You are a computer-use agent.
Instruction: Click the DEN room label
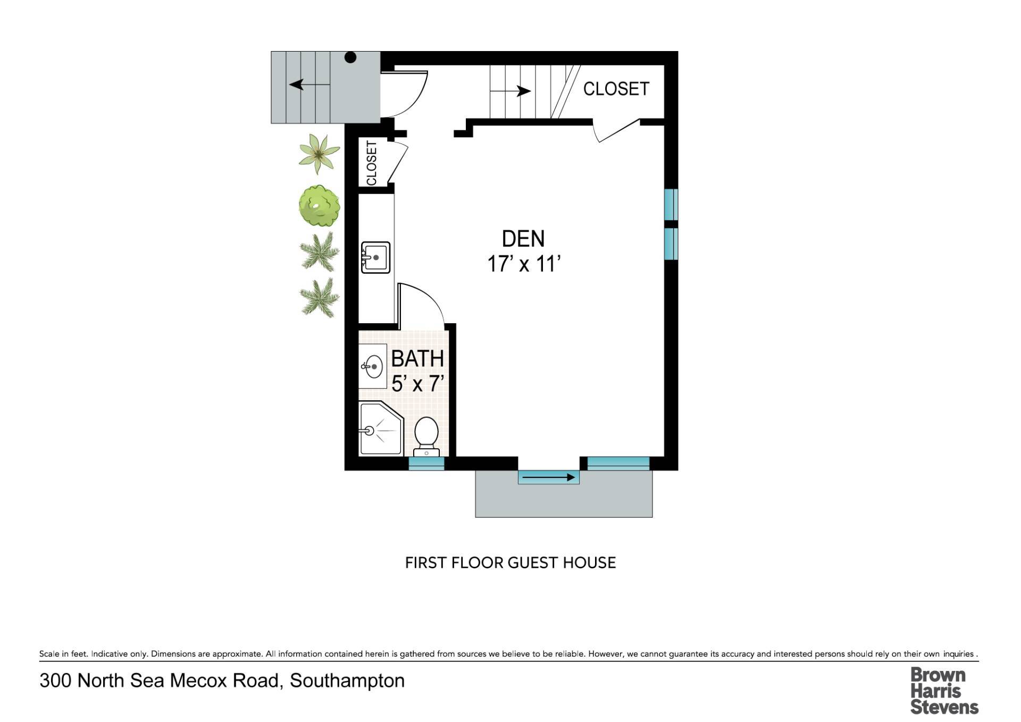tap(523, 239)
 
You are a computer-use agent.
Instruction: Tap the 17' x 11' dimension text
tap(524, 264)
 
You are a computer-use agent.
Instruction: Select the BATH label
tap(417, 359)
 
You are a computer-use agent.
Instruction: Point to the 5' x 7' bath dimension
tap(417, 383)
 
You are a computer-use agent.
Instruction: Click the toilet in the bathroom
tap(426, 436)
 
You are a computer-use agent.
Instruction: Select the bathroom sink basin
tap(373, 366)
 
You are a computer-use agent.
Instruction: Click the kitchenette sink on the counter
tap(375, 258)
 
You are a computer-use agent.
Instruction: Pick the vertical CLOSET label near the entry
tap(372, 163)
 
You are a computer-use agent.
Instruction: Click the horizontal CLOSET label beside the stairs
tap(616, 89)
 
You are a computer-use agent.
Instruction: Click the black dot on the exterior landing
tap(350, 57)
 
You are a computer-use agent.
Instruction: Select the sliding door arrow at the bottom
tap(549, 477)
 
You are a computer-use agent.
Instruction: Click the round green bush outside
tap(319, 205)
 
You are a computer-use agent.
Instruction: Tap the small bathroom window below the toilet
tap(426, 464)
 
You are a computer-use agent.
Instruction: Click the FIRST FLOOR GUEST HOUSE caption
tap(510, 563)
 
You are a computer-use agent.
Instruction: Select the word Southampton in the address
tap(347, 681)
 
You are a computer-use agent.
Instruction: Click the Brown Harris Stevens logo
tap(944, 691)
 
